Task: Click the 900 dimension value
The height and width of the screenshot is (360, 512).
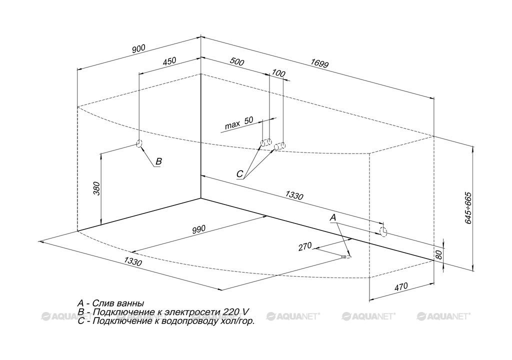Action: pyautogui.click(x=138, y=48)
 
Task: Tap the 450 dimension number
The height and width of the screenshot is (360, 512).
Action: pyautogui.click(x=169, y=61)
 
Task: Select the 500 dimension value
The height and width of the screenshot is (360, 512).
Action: pyautogui.click(x=237, y=61)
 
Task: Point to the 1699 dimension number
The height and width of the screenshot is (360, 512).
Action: pyautogui.click(x=319, y=63)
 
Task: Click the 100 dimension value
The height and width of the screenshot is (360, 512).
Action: pyautogui.click(x=278, y=73)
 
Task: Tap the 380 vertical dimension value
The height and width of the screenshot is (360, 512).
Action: pyautogui.click(x=96, y=188)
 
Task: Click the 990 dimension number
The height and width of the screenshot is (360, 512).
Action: pyautogui.click(x=198, y=229)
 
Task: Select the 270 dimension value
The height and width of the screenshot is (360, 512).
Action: pyautogui.click(x=305, y=246)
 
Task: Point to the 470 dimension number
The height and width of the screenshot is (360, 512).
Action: pyautogui.click(x=401, y=287)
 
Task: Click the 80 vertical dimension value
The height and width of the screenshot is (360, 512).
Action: pyautogui.click(x=438, y=254)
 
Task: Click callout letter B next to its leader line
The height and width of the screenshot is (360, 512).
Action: pyautogui.click(x=158, y=161)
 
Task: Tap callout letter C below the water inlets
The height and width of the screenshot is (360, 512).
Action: pyautogui.click(x=239, y=174)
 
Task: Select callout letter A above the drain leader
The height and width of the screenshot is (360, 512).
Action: pyautogui.click(x=332, y=217)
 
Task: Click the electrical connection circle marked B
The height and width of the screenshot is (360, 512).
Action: pyautogui.click(x=139, y=143)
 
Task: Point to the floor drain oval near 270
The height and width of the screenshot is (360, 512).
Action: pyautogui.click(x=346, y=257)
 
